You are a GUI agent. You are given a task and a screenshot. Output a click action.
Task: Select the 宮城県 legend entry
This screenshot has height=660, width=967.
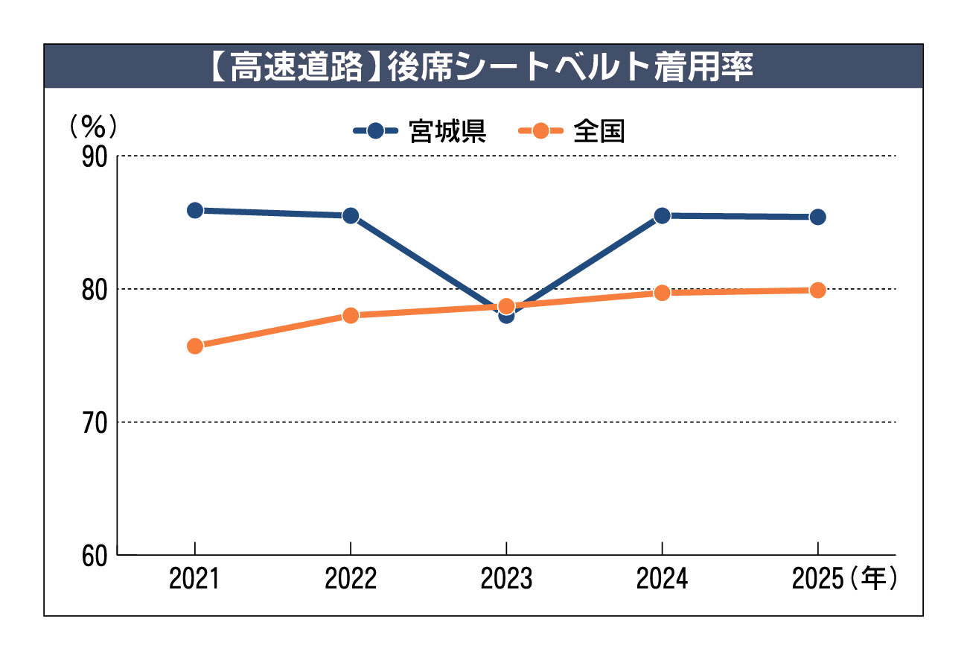tap(420, 131)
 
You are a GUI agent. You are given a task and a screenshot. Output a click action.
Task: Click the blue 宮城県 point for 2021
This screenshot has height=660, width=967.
tap(195, 211)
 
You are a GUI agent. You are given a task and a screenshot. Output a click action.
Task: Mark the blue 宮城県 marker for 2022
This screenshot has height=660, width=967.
tap(351, 216)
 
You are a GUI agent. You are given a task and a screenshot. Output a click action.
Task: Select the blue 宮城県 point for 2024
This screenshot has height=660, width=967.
tap(662, 216)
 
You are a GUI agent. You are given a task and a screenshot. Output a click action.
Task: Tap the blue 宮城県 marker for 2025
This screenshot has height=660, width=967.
tap(817, 218)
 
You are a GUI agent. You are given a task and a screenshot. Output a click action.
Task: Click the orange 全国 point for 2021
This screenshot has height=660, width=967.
tap(195, 346)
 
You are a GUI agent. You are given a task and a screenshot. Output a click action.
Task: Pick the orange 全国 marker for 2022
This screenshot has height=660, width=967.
tap(351, 315)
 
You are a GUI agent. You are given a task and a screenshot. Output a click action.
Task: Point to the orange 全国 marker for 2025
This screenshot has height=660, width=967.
tap(817, 291)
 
